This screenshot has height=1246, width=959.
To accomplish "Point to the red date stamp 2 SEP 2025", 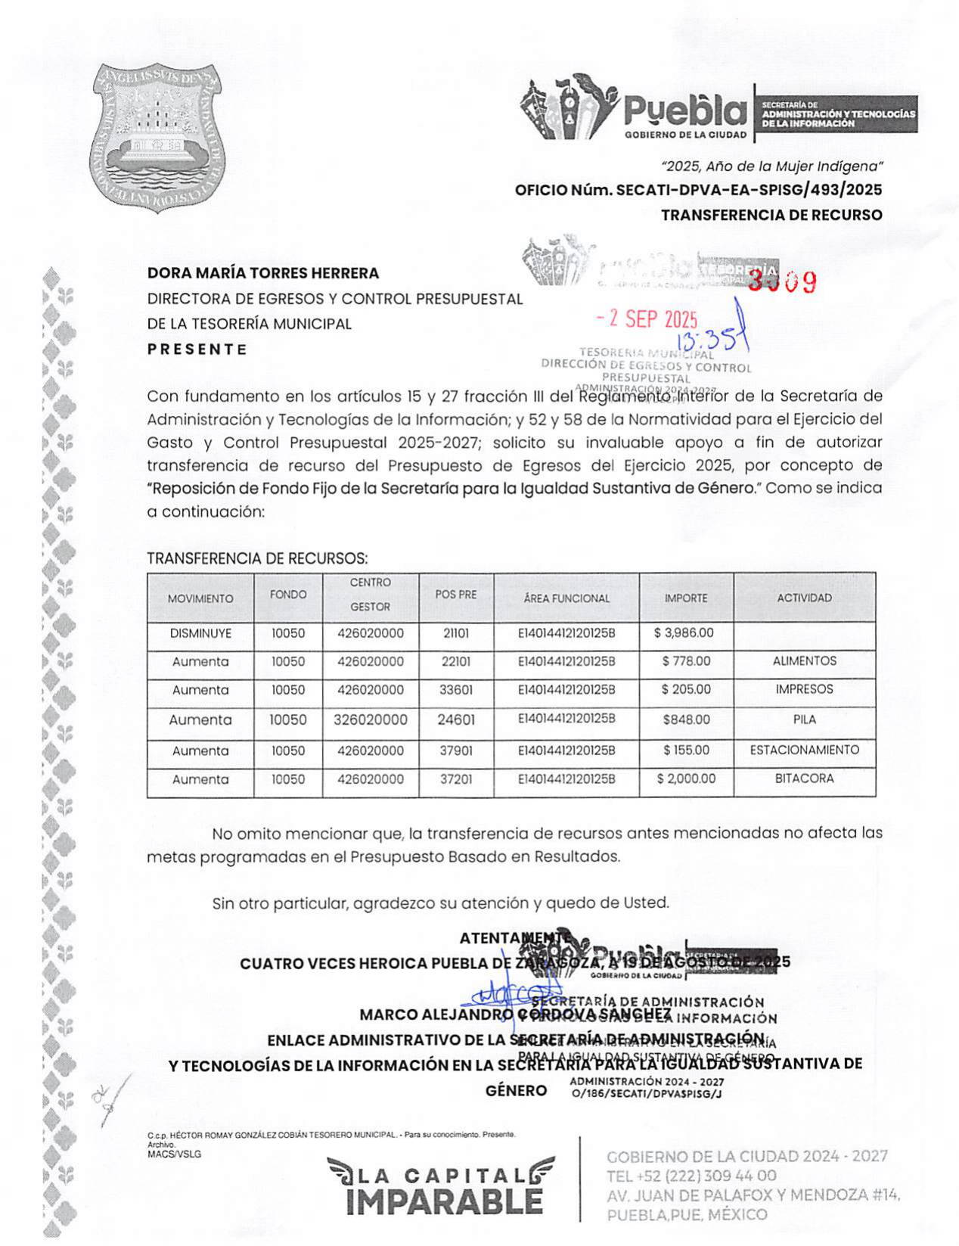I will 647,318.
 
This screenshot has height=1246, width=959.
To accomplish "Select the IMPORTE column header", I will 686,598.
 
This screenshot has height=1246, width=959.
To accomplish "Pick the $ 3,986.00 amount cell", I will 684,632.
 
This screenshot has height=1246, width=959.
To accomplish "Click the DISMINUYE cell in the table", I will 200,633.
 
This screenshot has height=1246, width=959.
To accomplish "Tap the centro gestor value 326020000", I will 370,719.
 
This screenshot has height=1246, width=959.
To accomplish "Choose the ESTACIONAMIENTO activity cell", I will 804,750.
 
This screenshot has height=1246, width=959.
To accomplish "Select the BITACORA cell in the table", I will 804,778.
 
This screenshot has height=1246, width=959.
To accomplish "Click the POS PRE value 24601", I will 455,719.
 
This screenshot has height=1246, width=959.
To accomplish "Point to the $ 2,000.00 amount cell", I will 686,778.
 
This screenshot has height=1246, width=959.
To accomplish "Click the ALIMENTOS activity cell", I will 804,660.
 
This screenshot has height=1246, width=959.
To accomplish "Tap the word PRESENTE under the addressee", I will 197,350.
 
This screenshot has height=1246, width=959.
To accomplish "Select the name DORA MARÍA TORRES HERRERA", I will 263,273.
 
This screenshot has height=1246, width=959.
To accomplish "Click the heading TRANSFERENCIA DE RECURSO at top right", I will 771,215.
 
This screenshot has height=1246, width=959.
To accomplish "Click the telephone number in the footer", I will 691,1176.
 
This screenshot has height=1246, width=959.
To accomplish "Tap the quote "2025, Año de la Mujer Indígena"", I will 771,166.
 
